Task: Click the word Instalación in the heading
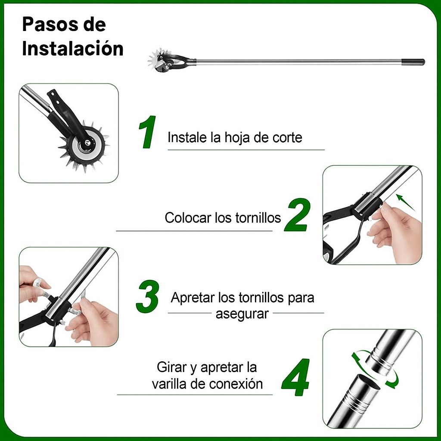click(73, 49)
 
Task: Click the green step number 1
click(148, 132)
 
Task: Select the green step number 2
click(298, 215)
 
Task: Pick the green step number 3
click(148, 296)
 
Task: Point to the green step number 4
click(296, 377)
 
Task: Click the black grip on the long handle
click(413, 62)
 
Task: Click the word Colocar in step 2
click(188, 217)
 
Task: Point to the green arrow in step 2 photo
click(405, 202)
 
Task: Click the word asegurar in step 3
click(242, 314)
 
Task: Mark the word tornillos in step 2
click(258, 217)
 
